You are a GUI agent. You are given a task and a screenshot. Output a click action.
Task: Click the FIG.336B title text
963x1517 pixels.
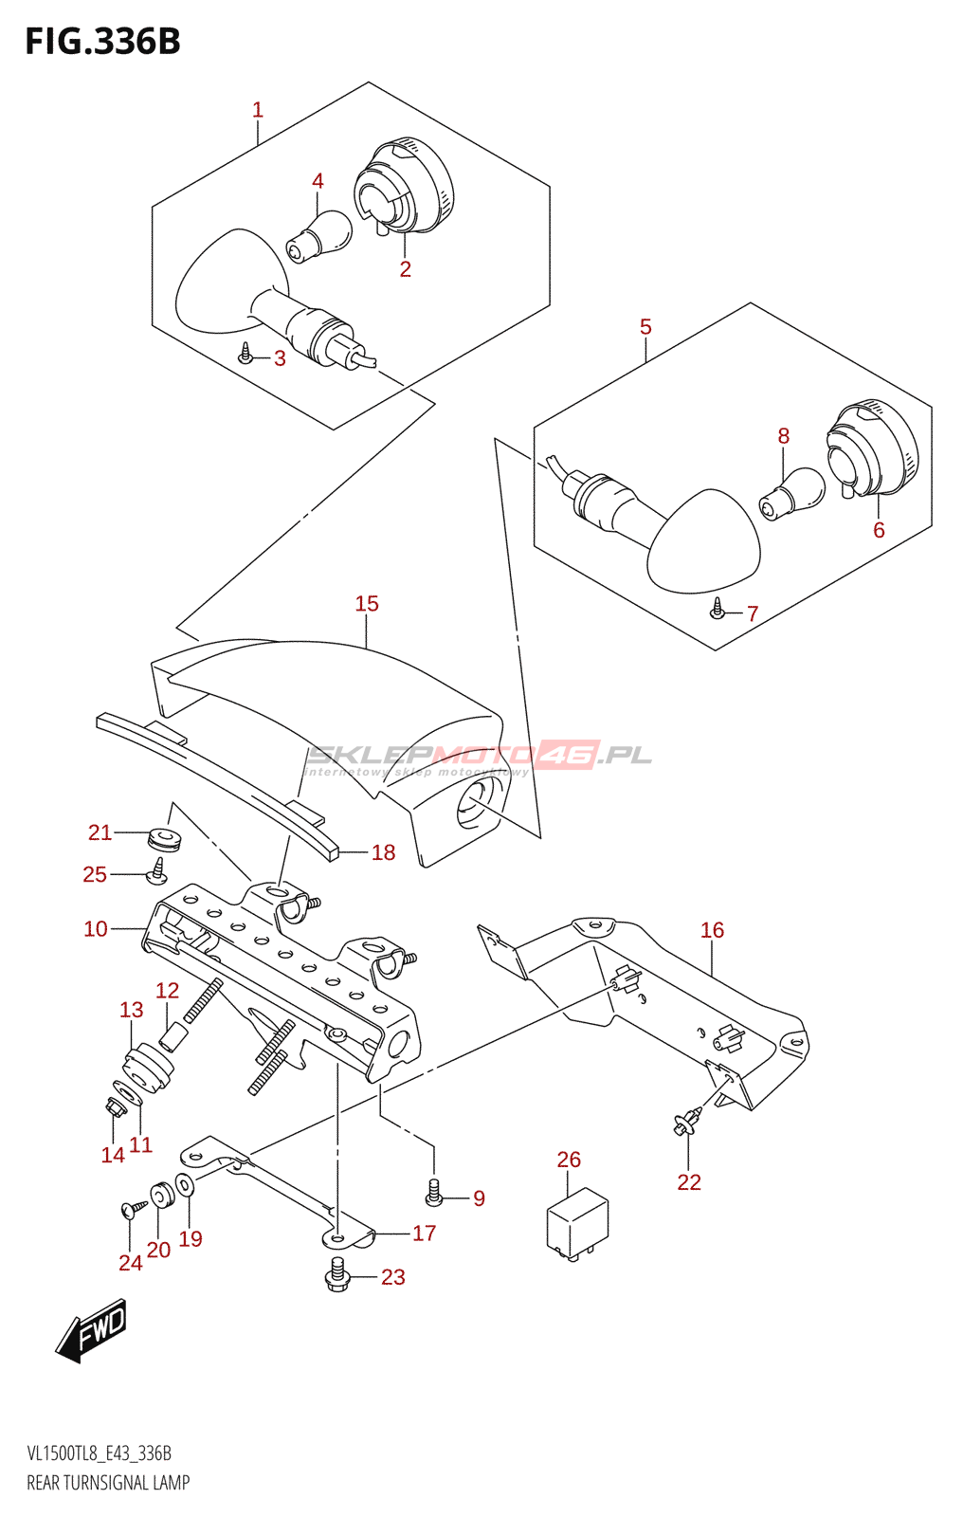pos(102,42)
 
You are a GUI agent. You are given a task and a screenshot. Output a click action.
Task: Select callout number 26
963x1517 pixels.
pos(569,1160)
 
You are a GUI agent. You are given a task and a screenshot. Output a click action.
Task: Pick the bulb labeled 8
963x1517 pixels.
pos(791,494)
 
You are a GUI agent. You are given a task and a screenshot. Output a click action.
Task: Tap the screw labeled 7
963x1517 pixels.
pos(718,609)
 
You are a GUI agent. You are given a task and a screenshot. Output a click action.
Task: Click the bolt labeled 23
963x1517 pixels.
pos(337,1276)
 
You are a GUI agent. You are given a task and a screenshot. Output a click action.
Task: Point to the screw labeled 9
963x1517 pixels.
pos(435,1193)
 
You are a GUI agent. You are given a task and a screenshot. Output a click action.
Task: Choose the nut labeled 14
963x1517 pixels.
pos(113,1106)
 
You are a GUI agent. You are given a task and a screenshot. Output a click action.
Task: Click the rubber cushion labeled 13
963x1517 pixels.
pos(149,1067)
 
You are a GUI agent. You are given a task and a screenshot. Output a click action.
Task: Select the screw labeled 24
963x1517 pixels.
pos(131,1209)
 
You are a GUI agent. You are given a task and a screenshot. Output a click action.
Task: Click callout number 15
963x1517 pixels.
pos(367,604)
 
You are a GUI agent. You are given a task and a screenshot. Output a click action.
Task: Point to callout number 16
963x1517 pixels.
pos(712,930)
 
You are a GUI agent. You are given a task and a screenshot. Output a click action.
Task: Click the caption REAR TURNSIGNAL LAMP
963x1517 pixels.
pos(108,1483)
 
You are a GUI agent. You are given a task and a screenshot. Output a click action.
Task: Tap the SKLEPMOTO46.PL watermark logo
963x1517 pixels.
pos(479,757)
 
